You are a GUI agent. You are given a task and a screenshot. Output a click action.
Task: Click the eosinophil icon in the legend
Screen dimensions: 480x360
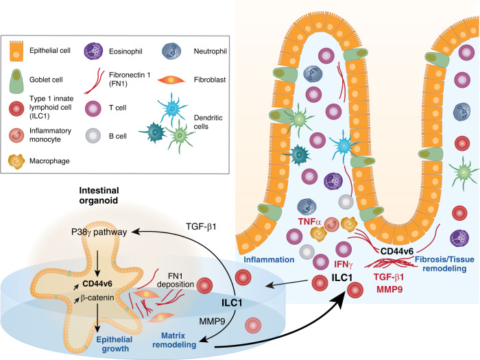[x=93, y=51]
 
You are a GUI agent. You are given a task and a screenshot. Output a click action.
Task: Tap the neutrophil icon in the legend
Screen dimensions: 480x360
[x=171, y=51]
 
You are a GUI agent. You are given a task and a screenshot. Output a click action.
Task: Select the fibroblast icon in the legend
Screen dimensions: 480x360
[x=171, y=80]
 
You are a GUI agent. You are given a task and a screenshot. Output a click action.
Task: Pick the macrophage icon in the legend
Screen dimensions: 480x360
[x=16, y=161]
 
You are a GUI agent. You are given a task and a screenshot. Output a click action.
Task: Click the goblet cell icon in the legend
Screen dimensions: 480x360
[x=16, y=81]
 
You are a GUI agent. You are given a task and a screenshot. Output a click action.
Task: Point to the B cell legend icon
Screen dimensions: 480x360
[x=93, y=136]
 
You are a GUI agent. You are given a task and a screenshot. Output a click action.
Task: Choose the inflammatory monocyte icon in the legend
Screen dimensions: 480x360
[x=16, y=135]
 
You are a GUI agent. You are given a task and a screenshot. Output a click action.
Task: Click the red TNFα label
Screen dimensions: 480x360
[x=309, y=221]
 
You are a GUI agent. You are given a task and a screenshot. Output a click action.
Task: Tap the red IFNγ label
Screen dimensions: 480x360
[x=343, y=264]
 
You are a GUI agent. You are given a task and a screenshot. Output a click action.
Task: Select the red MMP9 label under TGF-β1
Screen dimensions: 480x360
[x=389, y=289]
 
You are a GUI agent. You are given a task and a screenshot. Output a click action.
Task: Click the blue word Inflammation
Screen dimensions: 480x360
[x=269, y=260]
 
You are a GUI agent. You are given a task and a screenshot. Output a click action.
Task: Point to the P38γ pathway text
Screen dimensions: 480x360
[x=99, y=232]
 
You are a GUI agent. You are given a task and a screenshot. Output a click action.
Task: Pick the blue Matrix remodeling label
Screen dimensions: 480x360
[x=174, y=340]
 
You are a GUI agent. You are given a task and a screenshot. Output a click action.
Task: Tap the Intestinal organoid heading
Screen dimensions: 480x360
[x=99, y=195]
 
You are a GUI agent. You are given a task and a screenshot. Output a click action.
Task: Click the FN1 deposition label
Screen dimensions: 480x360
[x=176, y=280]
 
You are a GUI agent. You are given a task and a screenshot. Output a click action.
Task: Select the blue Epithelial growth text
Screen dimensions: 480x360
[x=115, y=344]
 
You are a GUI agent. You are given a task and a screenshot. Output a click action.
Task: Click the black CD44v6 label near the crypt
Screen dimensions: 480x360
[x=397, y=252]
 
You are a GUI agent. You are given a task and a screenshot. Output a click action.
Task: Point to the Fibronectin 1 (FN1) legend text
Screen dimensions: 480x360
[x=130, y=79]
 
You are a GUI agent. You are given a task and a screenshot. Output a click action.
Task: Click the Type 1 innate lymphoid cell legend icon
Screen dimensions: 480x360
[x=16, y=108]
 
